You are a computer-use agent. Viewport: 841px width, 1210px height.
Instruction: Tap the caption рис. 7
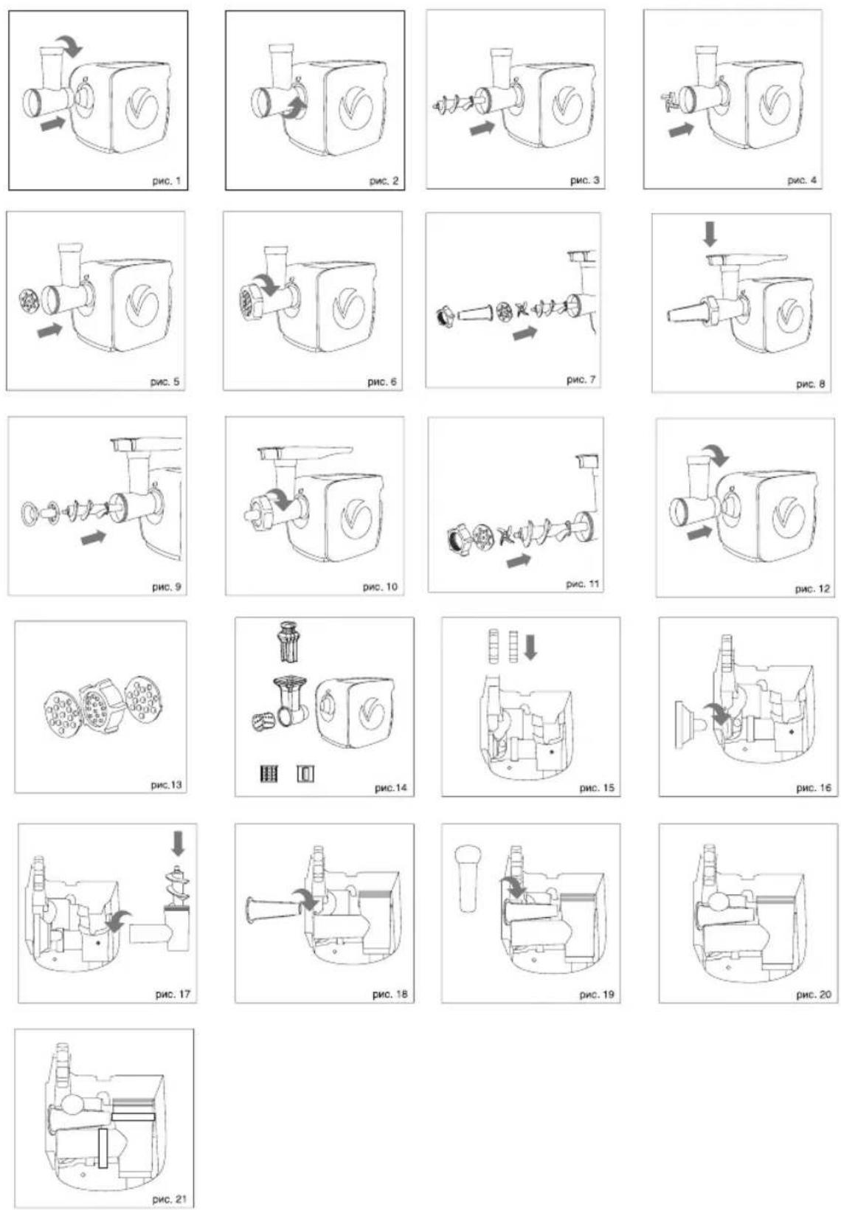[x=581, y=380]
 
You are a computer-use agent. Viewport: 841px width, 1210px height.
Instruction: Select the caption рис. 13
[x=166, y=785]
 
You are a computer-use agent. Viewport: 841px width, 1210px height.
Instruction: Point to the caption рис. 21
[x=169, y=1200]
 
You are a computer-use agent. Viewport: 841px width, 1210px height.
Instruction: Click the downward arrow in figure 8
[x=710, y=235]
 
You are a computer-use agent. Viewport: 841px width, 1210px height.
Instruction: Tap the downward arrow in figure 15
[x=530, y=646]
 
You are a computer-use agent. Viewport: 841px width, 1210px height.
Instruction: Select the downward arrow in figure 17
[x=178, y=843]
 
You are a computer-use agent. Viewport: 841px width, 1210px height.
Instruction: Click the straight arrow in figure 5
[x=49, y=329]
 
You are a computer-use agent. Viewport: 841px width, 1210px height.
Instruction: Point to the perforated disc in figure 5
[x=27, y=301]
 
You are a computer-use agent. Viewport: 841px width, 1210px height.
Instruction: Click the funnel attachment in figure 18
[x=274, y=908]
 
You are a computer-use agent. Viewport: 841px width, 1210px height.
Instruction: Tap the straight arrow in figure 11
[x=519, y=561]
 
